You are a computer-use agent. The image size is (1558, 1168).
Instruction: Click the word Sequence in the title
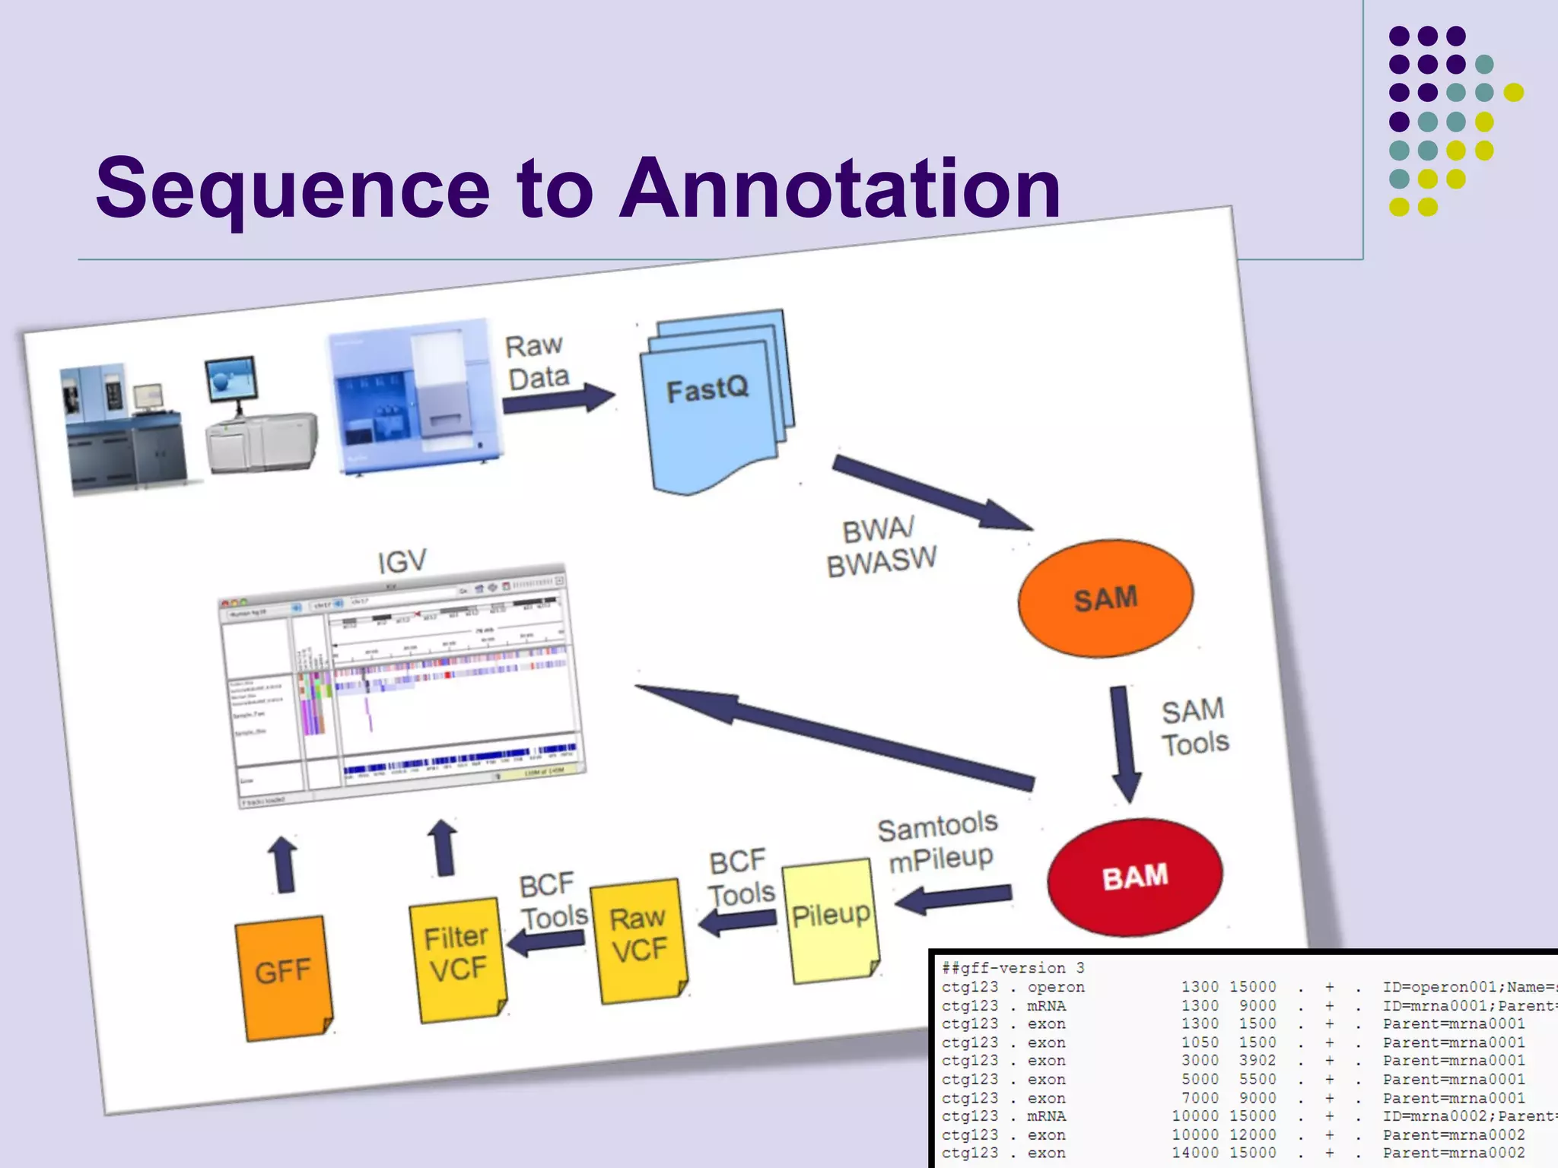pyautogui.click(x=293, y=188)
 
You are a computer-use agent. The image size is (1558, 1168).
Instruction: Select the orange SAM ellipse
pyautogui.click(x=1105, y=599)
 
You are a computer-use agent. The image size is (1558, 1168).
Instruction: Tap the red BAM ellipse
pyautogui.click(x=1134, y=877)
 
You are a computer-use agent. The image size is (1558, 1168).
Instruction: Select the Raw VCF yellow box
pyautogui.click(x=639, y=940)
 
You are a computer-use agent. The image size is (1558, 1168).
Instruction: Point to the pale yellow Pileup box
pyautogui.click(x=831, y=920)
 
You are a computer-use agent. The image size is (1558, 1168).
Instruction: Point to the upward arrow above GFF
pyautogui.click(x=284, y=865)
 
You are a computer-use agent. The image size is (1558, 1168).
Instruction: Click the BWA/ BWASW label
pyautogui.click(x=880, y=547)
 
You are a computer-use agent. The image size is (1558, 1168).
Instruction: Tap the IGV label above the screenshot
pyautogui.click(x=402, y=562)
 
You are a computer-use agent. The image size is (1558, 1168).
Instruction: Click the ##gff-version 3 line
pyautogui.click(x=1013, y=968)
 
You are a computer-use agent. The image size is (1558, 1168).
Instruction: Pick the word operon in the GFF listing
pyautogui.click(x=1055, y=987)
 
